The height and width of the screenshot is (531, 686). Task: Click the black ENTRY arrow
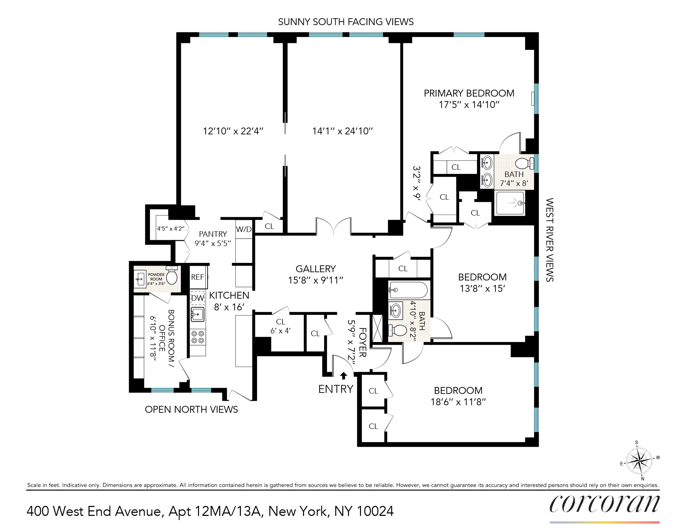pyautogui.click(x=343, y=376)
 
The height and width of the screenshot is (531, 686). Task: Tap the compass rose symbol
pyautogui.click(x=639, y=461)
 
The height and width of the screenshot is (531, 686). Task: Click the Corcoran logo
pyautogui.click(x=604, y=504)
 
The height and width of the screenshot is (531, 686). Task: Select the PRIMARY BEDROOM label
pyautogui.click(x=469, y=93)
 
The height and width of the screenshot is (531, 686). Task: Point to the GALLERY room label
pyautogui.click(x=316, y=269)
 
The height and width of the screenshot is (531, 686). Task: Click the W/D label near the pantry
pyautogui.click(x=244, y=229)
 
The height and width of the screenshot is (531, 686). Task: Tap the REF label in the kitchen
pyautogui.click(x=198, y=277)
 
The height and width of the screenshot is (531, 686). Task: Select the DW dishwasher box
pyautogui.click(x=198, y=298)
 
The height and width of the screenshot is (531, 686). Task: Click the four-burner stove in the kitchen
pyautogui.click(x=198, y=337)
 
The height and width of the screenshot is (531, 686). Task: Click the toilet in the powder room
pyautogui.click(x=172, y=276)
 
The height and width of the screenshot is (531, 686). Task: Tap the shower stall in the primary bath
pyautogui.click(x=510, y=203)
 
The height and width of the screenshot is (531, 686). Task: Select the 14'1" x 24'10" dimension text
pyautogui.click(x=342, y=131)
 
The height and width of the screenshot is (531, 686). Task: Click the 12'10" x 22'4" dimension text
pyautogui.click(x=233, y=131)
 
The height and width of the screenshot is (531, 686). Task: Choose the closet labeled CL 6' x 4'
pyautogui.click(x=280, y=326)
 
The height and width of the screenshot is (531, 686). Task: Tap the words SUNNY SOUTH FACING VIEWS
pyautogui.click(x=346, y=22)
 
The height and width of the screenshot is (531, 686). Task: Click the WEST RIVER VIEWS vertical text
pyautogui.click(x=549, y=240)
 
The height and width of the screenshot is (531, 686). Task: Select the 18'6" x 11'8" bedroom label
pyautogui.click(x=458, y=396)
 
